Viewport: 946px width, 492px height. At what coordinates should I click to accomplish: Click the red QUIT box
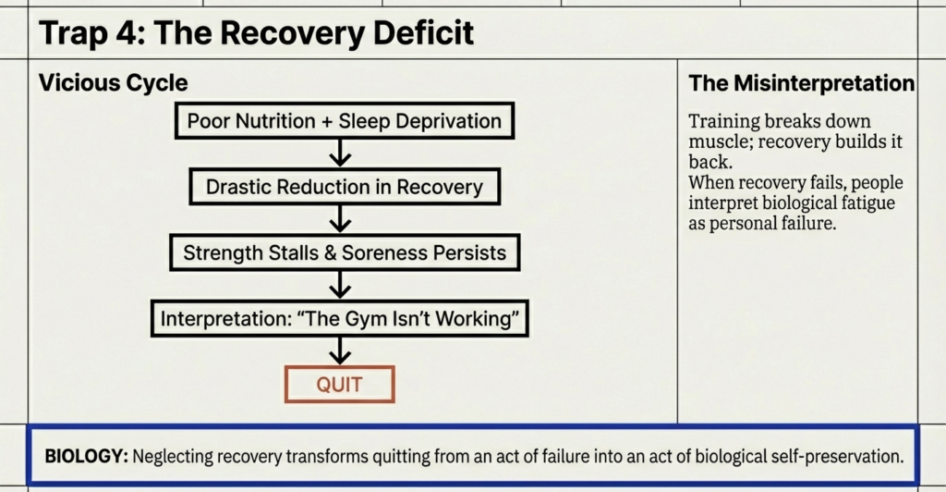point(340,384)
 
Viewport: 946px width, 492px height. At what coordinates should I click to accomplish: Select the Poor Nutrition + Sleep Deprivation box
point(344,120)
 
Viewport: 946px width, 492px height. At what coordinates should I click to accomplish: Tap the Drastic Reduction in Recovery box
point(344,187)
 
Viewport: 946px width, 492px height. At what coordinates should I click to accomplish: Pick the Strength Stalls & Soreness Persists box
point(344,252)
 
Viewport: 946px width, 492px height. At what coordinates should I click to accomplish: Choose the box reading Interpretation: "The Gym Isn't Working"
point(340,318)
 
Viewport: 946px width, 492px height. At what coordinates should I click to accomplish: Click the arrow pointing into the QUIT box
point(341,351)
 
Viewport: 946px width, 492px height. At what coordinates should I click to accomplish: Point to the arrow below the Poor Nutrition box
point(341,152)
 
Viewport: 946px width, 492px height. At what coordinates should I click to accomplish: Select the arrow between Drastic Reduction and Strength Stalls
point(341,218)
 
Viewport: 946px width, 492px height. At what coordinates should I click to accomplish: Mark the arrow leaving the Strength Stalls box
point(341,284)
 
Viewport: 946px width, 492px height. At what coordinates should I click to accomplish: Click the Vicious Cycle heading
point(113,83)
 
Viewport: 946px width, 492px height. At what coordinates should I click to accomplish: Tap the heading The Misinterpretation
point(801,83)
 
